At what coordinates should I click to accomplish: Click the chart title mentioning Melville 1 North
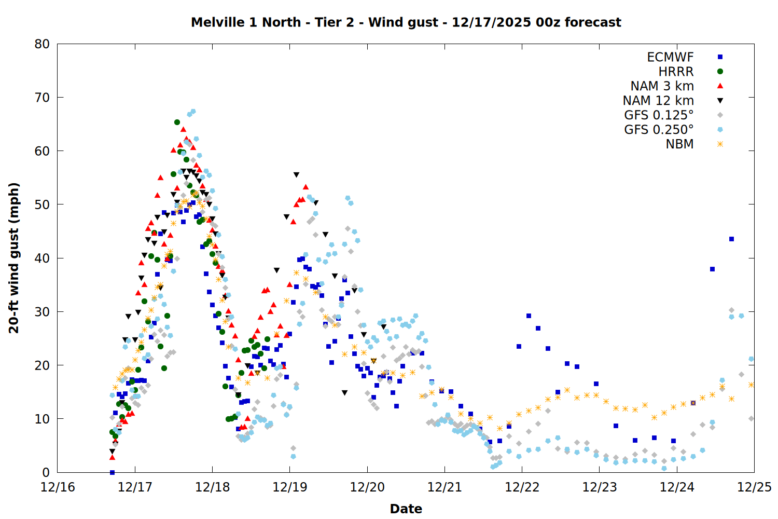click(x=406, y=22)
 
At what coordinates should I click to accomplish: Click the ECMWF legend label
click(x=670, y=57)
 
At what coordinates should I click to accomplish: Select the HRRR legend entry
click(x=676, y=72)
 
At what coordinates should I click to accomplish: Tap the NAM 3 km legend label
click(x=662, y=86)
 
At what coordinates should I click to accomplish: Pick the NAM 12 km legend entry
click(x=658, y=101)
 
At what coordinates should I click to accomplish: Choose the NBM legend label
click(x=679, y=144)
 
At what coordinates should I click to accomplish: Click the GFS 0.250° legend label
click(x=659, y=130)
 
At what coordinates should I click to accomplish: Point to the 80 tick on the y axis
click(x=42, y=44)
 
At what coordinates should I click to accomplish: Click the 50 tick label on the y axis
click(x=42, y=204)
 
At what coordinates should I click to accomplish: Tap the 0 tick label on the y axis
click(x=46, y=472)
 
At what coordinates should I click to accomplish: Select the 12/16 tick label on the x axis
click(x=58, y=487)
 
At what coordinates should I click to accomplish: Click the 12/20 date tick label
click(x=367, y=487)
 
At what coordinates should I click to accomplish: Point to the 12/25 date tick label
click(x=754, y=487)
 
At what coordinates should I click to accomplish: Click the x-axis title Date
click(x=406, y=509)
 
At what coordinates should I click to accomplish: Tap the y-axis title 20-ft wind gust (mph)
click(x=14, y=258)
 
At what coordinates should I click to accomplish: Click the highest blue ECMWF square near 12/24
click(x=731, y=239)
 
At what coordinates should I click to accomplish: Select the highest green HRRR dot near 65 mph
click(x=177, y=122)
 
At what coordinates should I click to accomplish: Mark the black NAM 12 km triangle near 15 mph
click(x=344, y=393)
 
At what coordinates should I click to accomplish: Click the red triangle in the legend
click(x=720, y=86)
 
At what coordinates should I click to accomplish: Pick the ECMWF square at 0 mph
click(x=112, y=472)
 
